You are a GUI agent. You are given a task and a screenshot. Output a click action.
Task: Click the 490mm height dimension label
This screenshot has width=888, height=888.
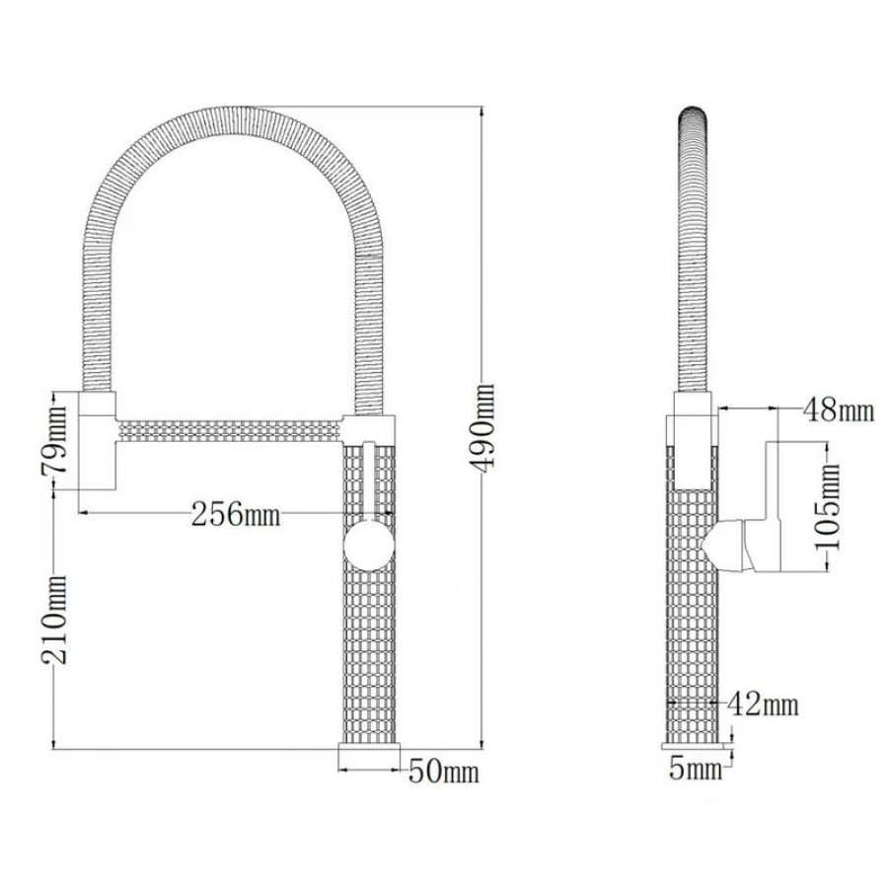481,427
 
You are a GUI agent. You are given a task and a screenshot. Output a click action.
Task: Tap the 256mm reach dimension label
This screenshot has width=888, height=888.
236,514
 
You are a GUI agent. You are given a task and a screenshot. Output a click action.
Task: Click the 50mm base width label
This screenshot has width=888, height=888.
443,772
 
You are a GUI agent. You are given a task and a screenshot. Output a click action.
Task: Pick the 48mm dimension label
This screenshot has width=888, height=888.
839,409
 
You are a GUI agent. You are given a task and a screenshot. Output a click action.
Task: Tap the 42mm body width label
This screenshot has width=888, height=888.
763,704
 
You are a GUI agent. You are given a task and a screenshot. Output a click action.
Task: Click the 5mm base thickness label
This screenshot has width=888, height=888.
696,770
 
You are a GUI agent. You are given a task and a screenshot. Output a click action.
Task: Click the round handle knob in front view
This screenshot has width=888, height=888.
369,546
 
